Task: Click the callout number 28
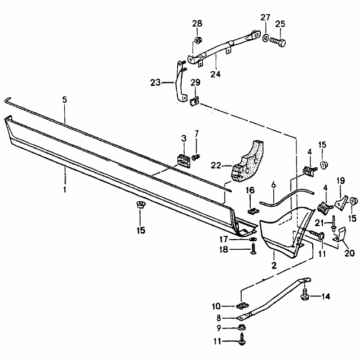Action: pos(196,23)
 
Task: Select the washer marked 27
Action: pos(265,38)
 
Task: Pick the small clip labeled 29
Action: pos(195,102)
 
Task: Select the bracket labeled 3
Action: pos(183,161)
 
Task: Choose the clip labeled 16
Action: pos(252,211)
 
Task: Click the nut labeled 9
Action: pos(241,328)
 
